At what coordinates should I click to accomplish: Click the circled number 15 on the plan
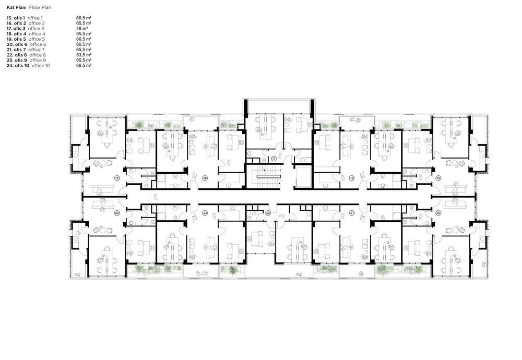(117, 178)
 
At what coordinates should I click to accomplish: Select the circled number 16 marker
(205, 178)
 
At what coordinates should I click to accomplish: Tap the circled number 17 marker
(274, 159)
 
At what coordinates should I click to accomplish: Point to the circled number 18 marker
(352, 178)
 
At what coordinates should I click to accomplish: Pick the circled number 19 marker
(438, 178)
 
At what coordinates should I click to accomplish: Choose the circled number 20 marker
(438, 213)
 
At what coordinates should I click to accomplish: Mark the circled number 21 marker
(352, 213)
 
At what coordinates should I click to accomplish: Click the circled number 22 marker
(268, 213)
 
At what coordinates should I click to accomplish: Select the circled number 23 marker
(205, 213)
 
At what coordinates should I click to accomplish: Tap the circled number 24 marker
(117, 213)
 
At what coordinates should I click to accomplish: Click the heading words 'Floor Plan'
(40, 7)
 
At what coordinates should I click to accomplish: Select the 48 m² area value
(82, 29)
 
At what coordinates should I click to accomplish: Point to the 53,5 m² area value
(84, 55)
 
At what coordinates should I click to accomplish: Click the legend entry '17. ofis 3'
(16, 29)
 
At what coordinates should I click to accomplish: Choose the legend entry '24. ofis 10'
(18, 66)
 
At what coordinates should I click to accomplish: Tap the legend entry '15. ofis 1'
(16, 18)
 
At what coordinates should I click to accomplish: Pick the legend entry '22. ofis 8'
(17, 55)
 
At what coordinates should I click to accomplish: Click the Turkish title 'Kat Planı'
(17, 7)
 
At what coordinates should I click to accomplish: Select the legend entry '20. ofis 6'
(17, 44)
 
